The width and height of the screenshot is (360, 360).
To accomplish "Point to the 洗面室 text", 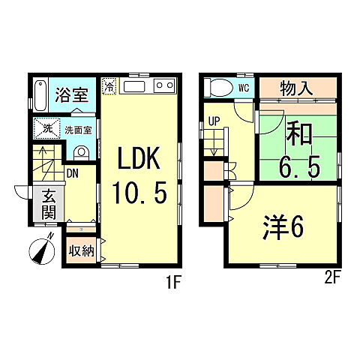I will tap(77, 130).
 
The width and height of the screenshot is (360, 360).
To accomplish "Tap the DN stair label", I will tap(73, 173).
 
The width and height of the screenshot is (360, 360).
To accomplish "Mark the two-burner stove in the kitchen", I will tap(164, 87).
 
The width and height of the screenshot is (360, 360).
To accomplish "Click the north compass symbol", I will tap(41, 249).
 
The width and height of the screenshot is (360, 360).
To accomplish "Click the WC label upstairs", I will tap(243, 88).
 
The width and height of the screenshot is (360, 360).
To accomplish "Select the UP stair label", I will tap(214, 121).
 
